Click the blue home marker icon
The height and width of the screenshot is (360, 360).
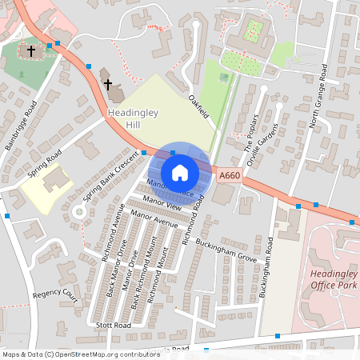point(180,173)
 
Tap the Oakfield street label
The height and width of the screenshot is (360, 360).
point(198,107)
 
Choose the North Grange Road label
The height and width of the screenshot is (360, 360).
point(318,97)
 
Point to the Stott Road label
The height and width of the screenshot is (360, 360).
point(112,326)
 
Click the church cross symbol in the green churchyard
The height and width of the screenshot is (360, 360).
point(32,51)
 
